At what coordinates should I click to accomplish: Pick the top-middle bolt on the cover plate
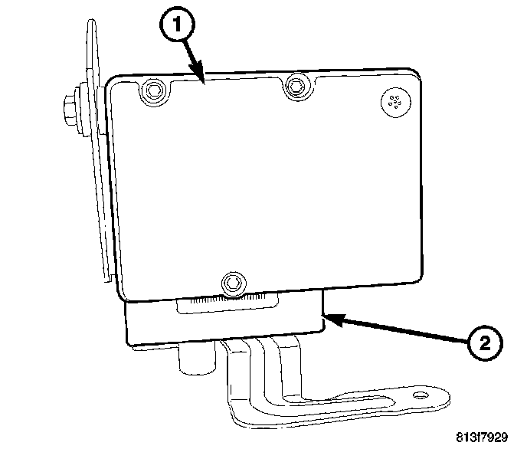coord(294,87)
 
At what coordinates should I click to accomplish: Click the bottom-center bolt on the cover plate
coord(233,283)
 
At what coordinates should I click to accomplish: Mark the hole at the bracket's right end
coord(419,396)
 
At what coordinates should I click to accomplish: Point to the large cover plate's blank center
coord(268,184)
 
